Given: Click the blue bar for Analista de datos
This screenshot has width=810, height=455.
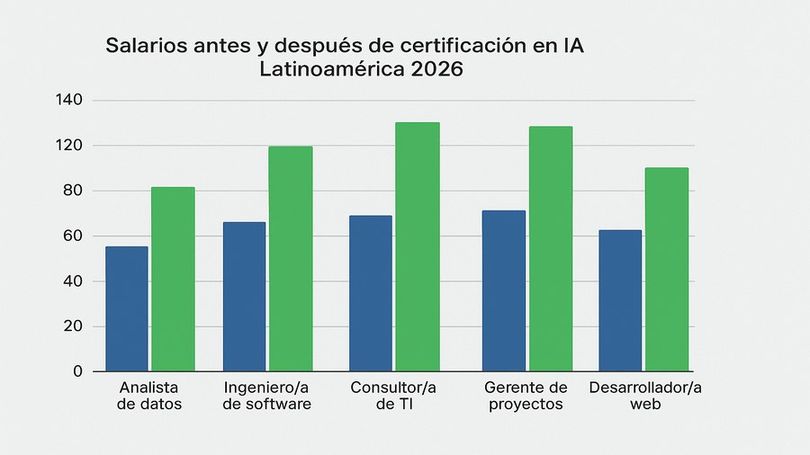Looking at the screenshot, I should pos(126,308).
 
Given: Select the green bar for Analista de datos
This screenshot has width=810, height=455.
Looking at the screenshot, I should pos(173,279).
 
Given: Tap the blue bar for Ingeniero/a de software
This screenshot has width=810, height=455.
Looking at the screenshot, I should pos(244,296).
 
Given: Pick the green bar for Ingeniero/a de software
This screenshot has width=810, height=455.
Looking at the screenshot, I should pos(291,259).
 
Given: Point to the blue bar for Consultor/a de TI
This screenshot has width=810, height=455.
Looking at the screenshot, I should pos(371,293).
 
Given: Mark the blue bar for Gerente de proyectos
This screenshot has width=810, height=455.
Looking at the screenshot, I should pos(504,290).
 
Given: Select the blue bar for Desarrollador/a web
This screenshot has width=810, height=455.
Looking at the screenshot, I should pos(620,300).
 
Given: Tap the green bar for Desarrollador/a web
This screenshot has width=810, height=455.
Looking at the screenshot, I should pos(667,269).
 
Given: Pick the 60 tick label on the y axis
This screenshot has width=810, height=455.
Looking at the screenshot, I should pos(70,236).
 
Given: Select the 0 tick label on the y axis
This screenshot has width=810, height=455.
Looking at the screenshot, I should pos(76,371).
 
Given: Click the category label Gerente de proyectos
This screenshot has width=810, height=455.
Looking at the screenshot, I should pos(526,396).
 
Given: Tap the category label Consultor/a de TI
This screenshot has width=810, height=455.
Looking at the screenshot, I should pos(392,396).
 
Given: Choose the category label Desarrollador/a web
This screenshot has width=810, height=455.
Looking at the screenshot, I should pos(644,396).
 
